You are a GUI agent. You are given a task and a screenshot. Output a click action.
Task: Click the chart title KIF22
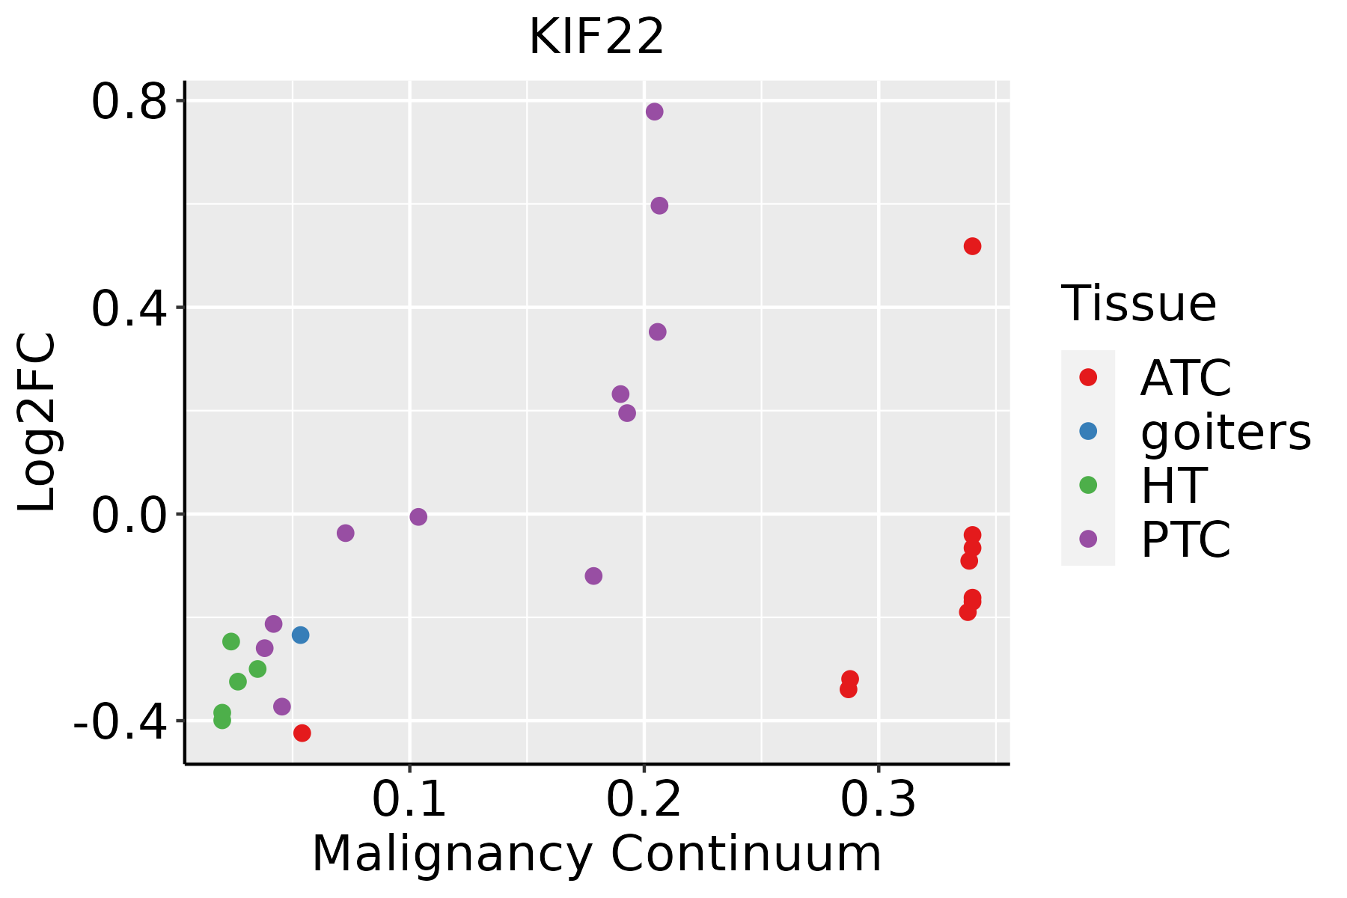pos(596,37)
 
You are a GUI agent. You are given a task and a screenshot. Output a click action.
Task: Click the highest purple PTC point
pos(654,112)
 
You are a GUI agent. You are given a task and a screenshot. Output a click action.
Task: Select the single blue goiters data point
pos(300,635)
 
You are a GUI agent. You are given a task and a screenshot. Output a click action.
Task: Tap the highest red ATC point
pos(972,246)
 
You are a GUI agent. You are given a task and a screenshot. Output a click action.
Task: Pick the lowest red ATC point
pos(302,733)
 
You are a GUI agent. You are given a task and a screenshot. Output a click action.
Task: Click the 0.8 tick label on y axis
pos(128,103)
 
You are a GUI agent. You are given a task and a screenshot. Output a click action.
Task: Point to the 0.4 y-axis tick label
pos(128,309)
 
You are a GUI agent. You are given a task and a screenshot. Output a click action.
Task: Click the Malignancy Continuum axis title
pos(596,854)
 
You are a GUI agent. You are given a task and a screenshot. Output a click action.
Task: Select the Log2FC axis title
pos(37,422)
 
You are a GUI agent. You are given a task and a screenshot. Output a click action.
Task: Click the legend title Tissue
pos(1138,304)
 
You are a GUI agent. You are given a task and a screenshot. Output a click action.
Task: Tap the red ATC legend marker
pos(1088,377)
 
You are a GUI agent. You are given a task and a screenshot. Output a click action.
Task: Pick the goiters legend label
pos(1225,432)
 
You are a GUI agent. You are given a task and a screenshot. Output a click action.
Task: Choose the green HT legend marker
pos(1088,485)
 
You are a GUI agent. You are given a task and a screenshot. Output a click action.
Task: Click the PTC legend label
pos(1185,540)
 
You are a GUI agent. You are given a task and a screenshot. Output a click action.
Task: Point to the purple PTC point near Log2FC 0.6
pos(659,206)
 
